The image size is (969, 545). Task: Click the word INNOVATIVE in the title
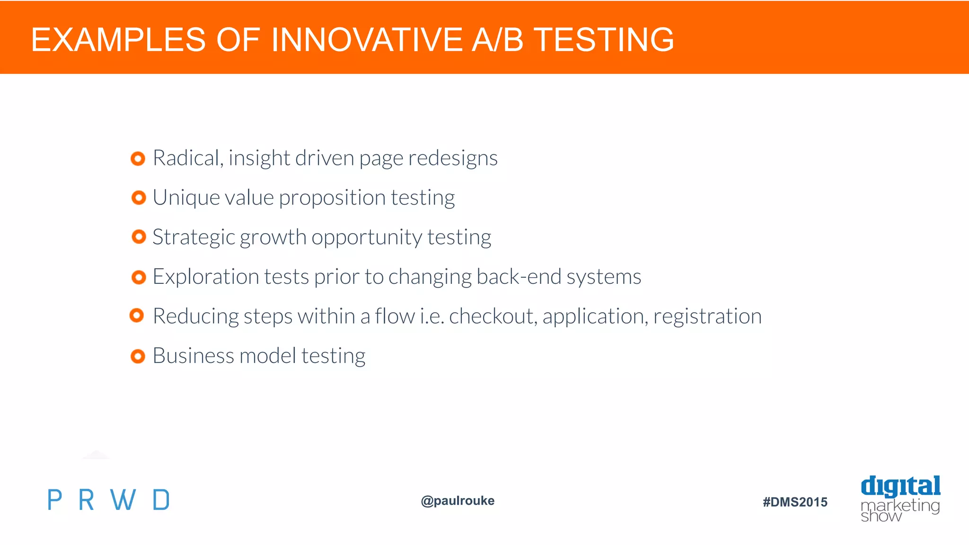point(367,39)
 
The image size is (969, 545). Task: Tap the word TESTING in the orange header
point(603,39)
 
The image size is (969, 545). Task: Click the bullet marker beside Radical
point(138,158)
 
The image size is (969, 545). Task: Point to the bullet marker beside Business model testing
point(138,356)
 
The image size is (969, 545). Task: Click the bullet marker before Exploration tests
point(138,277)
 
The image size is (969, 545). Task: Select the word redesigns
point(453,158)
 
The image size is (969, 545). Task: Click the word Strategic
point(194,237)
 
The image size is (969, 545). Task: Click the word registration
point(707,316)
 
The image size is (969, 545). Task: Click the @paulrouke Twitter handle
point(458,501)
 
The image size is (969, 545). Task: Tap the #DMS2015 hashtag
point(795,502)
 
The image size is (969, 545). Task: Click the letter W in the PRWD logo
point(123,500)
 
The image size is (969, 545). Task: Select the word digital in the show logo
point(900,486)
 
